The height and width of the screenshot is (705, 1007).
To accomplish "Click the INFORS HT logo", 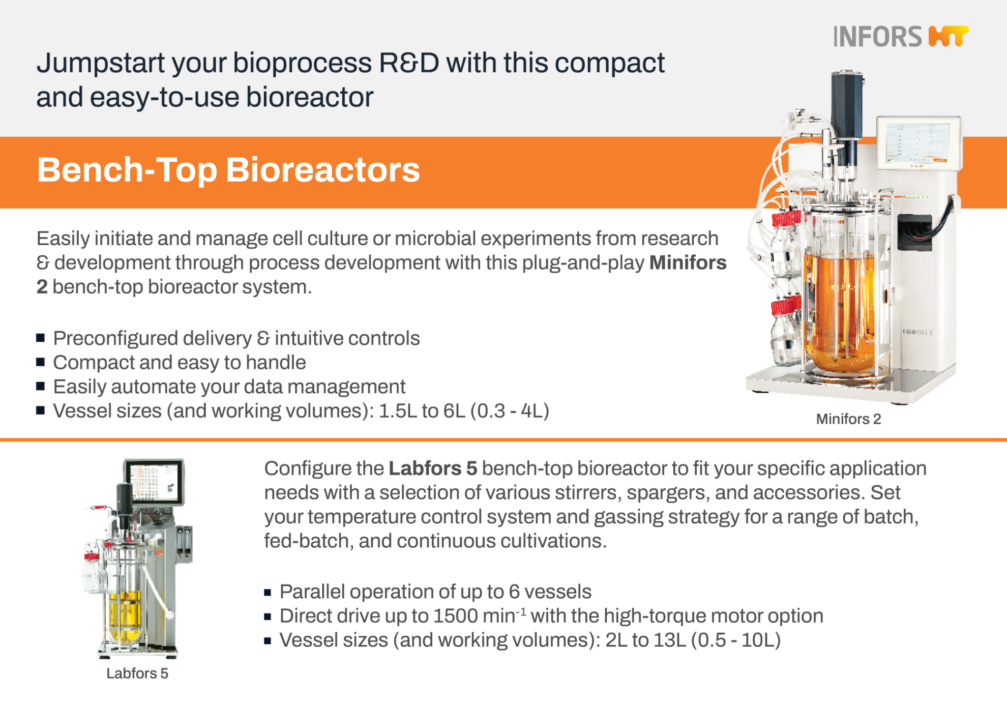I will [900, 37].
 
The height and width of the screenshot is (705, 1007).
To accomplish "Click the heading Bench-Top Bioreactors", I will [228, 170].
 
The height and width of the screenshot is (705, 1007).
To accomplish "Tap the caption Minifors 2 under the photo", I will [848, 419].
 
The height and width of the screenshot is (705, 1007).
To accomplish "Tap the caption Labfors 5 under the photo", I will [137, 673].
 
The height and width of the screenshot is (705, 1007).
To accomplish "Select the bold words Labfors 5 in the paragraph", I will [433, 468].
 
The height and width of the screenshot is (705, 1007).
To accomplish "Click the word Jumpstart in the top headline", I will [100, 63].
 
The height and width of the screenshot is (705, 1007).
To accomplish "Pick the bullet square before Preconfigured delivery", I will [41, 337].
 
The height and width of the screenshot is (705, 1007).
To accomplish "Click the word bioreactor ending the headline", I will [310, 97].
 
